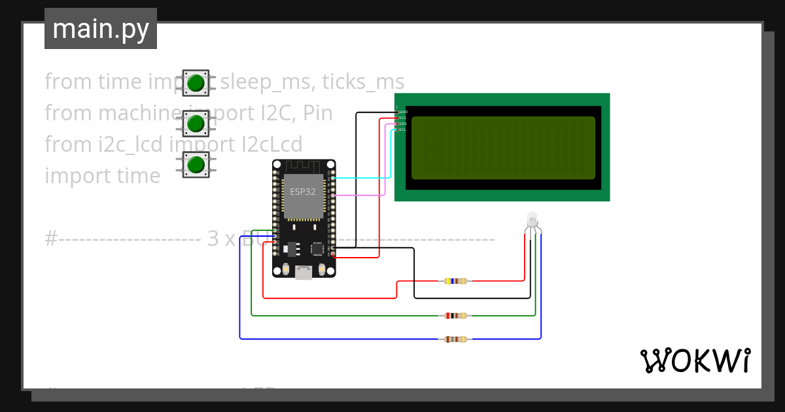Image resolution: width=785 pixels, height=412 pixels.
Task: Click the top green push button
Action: (x=196, y=83)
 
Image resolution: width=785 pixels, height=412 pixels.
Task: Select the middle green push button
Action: (x=196, y=123)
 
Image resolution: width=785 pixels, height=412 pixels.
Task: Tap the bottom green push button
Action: (x=196, y=164)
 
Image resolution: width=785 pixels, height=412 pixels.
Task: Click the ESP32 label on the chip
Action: (x=303, y=192)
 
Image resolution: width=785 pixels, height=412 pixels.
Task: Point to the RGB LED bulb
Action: (x=532, y=220)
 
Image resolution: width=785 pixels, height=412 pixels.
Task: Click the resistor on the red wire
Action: (x=455, y=281)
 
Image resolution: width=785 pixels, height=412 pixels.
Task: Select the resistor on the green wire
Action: (x=455, y=316)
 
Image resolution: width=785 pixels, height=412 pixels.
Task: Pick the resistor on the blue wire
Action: (x=455, y=339)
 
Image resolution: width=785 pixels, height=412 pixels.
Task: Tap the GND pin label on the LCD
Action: (x=403, y=112)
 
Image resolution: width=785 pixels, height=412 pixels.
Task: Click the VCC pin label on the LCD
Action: (x=403, y=118)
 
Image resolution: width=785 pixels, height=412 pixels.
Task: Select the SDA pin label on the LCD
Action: (x=403, y=124)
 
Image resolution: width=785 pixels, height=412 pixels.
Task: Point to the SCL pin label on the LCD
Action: (x=403, y=129)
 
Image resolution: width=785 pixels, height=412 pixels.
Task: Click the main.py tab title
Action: (x=101, y=29)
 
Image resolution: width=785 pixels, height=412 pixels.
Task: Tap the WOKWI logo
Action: (x=695, y=360)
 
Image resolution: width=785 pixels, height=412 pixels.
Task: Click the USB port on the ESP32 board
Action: (x=304, y=272)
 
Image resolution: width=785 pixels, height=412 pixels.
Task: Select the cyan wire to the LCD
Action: (x=363, y=177)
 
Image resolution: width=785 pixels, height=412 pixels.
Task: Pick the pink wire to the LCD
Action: (x=360, y=195)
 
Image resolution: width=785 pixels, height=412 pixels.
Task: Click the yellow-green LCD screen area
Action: (x=503, y=148)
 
